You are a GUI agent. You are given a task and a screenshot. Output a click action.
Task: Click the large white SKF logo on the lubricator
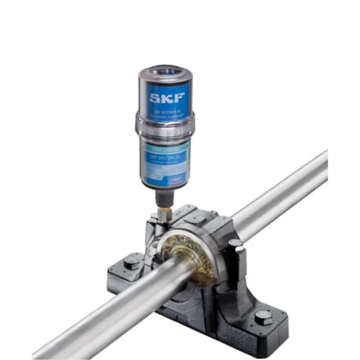pos(166,99)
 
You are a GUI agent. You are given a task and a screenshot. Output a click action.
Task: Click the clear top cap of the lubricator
pos(166,77)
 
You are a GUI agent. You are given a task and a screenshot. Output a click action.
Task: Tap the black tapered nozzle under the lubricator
pos(164,197)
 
